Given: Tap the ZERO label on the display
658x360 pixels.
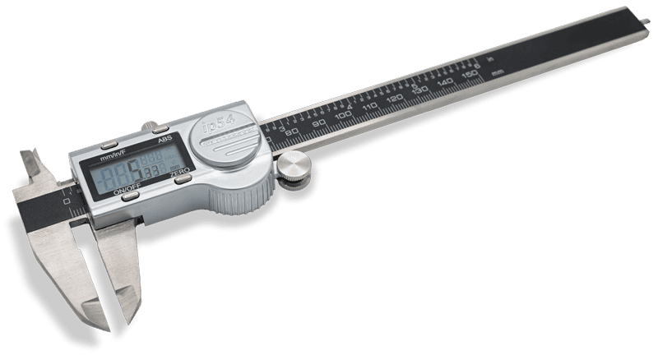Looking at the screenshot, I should [x=180, y=176].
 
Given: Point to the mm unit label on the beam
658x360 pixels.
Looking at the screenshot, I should [x=499, y=72].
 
